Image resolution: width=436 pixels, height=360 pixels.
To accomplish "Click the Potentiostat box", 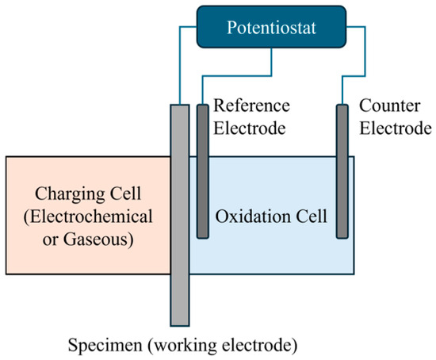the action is click(271, 27).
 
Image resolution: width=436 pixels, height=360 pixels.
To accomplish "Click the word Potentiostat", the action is click(271, 28).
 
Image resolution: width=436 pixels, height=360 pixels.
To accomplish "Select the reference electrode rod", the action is click(203, 171).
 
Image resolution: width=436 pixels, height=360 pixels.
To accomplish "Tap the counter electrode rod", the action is click(342, 171).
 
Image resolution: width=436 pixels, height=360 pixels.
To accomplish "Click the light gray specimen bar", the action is click(180, 215).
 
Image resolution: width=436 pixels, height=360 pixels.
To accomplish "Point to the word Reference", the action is click(251, 105).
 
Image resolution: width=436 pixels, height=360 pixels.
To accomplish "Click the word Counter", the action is click(389, 105).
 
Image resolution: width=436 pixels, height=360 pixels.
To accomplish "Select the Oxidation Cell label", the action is click(271, 216).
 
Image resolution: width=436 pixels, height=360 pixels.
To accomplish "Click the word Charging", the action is click(70, 194).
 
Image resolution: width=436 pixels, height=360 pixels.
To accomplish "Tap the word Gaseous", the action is click(98, 239).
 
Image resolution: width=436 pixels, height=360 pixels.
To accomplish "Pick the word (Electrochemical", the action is click(88, 216).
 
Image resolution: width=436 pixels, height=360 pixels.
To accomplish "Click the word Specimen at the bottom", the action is click(105, 345).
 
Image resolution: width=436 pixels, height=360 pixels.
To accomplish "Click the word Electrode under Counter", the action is click(396, 128).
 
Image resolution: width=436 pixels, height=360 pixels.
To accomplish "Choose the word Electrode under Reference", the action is click(250, 128).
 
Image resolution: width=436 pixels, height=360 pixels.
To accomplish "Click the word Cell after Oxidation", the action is click(312, 216).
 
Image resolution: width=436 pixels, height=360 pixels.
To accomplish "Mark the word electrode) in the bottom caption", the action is click(259, 345).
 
